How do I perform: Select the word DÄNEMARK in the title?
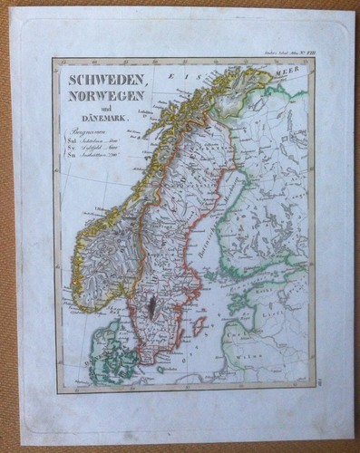107,118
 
